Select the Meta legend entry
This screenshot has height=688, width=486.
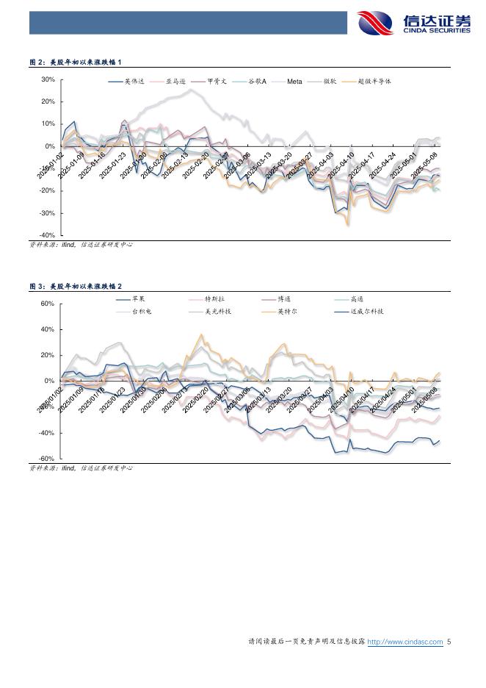click(x=294, y=82)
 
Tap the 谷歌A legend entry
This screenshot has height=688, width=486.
click(x=256, y=82)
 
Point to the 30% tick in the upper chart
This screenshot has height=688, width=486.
click(x=48, y=79)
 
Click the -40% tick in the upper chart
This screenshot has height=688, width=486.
click(x=47, y=235)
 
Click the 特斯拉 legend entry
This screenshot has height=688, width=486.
click(x=212, y=299)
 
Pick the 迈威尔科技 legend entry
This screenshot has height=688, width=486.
click(x=367, y=312)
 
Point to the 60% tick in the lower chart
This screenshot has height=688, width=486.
click(x=48, y=304)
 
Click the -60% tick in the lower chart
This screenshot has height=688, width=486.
click(x=47, y=459)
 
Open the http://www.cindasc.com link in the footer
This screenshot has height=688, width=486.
click(x=405, y=642)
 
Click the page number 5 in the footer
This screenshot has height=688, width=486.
click(x=449, y=642)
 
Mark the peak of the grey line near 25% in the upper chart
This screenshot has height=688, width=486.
click(x=191, y=90)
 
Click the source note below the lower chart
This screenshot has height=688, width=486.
click(x=81, y=469)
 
